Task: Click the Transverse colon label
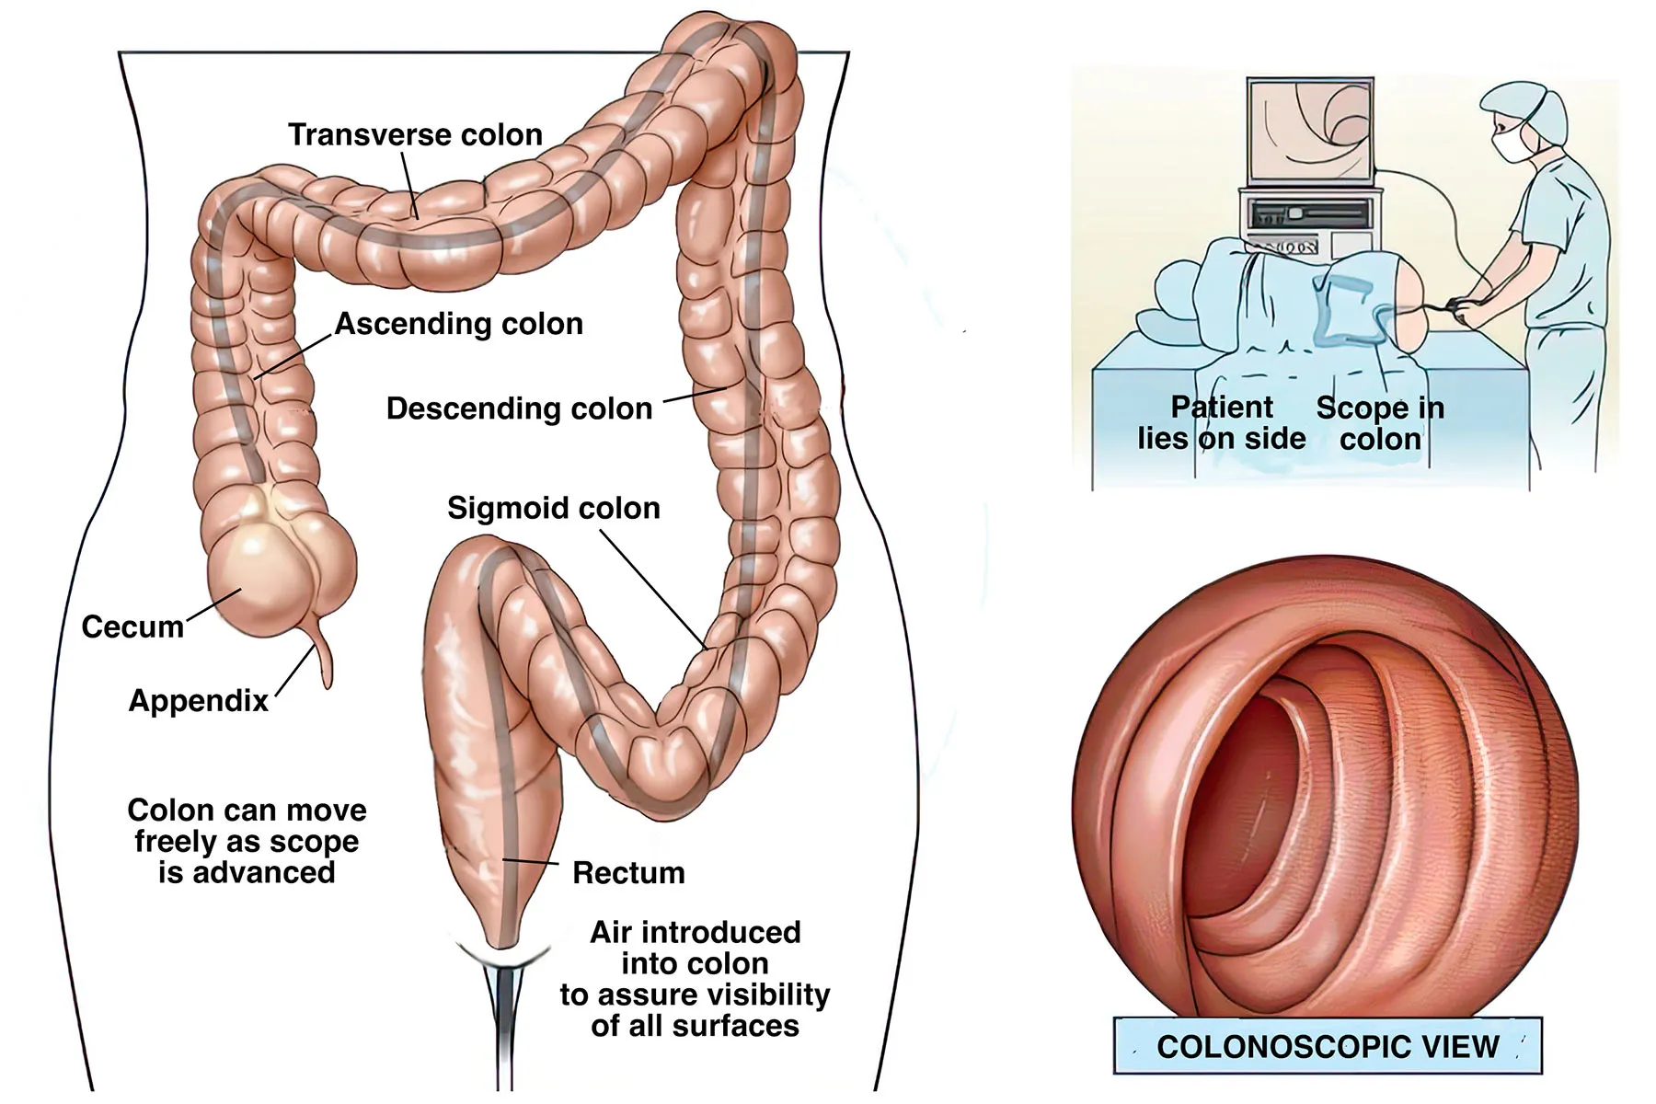[415, 135]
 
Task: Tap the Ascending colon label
[458, 324]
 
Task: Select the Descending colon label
[519, 408]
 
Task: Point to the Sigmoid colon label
[553, 508]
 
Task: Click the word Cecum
[132, 627]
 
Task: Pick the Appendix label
[199, 701]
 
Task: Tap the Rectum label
[628, 872]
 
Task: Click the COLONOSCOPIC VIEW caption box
[1327, 1046]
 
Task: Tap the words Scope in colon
[1380, 423]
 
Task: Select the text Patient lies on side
[1222, 423]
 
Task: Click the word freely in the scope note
[174, 842]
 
